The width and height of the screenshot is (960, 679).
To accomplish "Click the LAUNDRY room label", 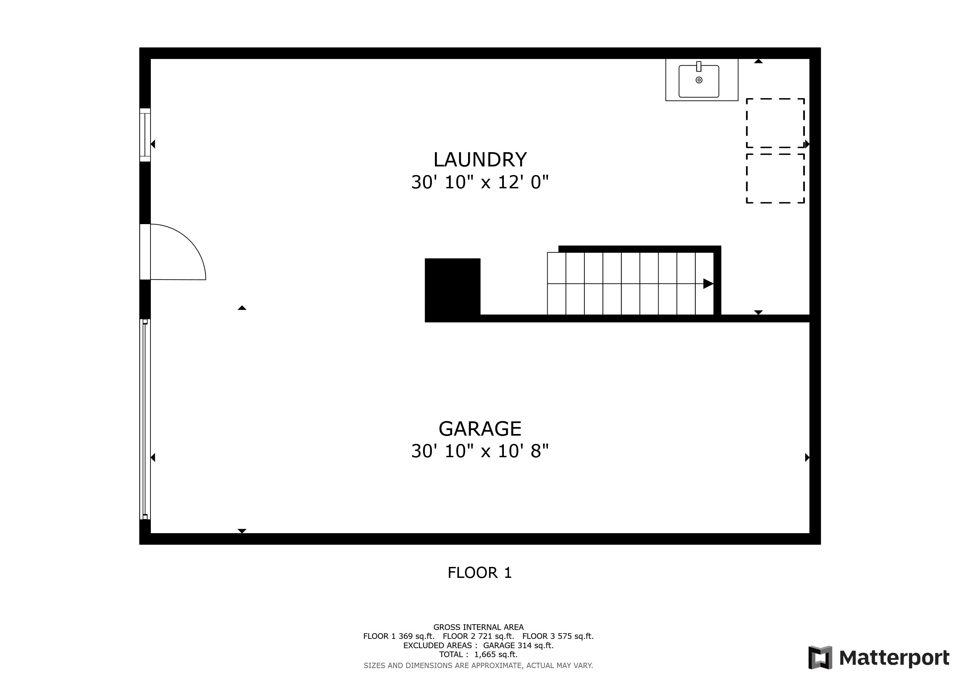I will [x=480, y=160].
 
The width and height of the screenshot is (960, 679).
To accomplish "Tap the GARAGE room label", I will [x=480, y=429].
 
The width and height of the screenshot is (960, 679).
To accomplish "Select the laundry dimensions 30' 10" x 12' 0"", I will [x=480, y=182].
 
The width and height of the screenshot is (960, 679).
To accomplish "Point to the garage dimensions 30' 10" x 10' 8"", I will [x=480, y=451].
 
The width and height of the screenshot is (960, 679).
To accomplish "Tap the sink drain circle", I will [x=699, y=80].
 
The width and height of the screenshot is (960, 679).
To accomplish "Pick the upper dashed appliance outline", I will [x=775, y=123].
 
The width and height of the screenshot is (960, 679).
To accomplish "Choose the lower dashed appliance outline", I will [x=775, y=178].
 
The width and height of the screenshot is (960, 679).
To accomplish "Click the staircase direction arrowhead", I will [x=708, y=284].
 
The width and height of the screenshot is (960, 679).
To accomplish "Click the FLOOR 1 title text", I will [x=480, y=573].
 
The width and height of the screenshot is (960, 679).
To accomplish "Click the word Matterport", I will [x=894, y=658].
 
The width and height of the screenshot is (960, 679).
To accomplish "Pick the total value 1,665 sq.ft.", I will [x=496, y=655].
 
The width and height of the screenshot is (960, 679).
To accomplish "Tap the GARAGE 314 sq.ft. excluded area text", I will [x=518, y=646].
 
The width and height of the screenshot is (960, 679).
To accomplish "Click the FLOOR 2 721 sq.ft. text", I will [x=478, y=636].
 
